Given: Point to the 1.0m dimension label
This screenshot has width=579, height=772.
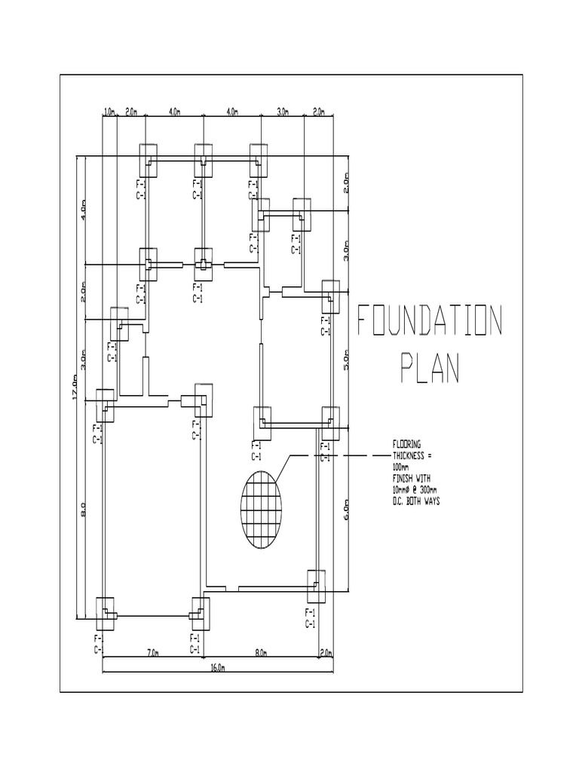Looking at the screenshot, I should coord(109,112).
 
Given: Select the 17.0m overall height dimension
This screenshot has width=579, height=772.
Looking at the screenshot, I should coord(75,388).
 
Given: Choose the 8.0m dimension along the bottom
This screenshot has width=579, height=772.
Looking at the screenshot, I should coord(261,653).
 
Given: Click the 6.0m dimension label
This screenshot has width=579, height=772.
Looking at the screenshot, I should coord(348,512).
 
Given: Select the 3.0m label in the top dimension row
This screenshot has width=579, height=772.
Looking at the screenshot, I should coord(283,112).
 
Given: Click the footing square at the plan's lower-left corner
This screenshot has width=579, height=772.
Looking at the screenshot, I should coord(106,613).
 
